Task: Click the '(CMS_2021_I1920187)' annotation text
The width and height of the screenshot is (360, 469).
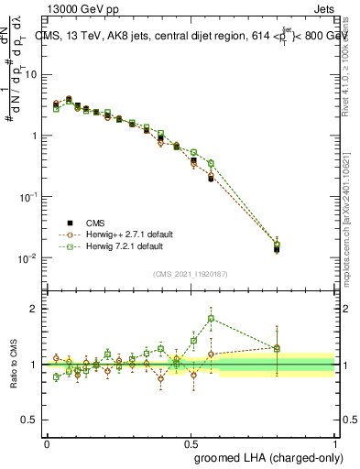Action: tap(191, 274)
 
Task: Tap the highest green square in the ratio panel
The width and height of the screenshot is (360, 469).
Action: tap(211, 319)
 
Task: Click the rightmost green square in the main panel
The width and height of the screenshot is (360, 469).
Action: tap(277, 245)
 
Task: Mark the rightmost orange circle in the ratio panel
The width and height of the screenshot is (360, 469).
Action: tap(277, 349)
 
